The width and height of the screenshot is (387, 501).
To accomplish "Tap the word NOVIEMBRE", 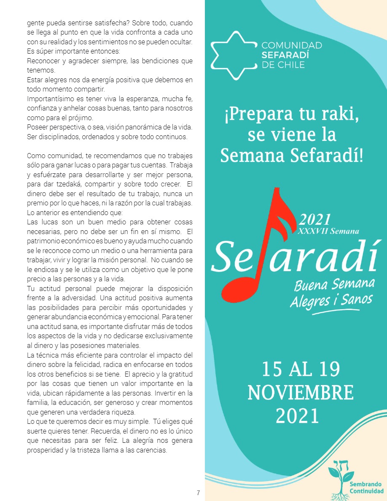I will (x=300, y=393).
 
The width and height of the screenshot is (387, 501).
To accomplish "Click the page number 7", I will (x=198, y=493).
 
